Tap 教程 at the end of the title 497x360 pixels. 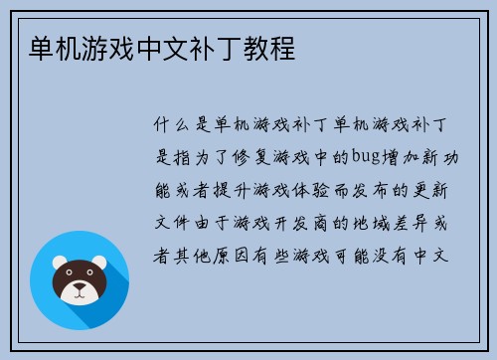[271, 48]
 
